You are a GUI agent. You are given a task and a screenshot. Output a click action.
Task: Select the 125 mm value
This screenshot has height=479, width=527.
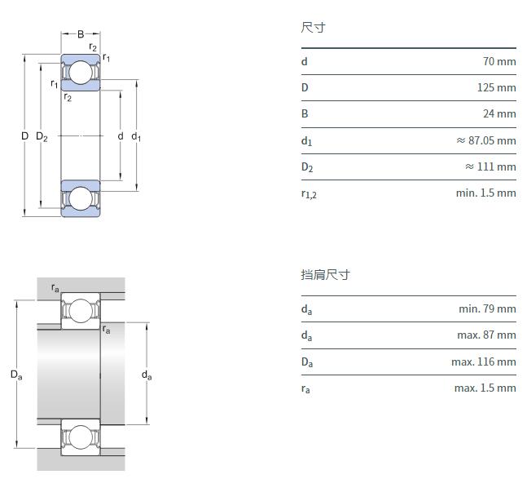496,87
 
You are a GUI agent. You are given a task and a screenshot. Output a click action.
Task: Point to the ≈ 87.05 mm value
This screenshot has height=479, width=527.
485,140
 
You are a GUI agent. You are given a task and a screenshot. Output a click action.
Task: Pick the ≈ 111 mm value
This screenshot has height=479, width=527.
490,166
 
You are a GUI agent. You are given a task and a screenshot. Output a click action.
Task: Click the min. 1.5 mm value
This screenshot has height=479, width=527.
485,193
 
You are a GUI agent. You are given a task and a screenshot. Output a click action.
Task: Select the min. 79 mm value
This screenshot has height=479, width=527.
487,308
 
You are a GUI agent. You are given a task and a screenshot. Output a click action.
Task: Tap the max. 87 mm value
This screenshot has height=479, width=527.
486,335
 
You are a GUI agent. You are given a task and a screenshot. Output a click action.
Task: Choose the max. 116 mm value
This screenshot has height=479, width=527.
484,361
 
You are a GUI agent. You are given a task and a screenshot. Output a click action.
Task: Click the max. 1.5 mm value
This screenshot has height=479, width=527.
485,388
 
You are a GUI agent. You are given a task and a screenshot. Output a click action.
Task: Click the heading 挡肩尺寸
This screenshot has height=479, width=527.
325,275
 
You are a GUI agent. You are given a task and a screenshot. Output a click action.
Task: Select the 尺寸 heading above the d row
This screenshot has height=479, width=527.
313,28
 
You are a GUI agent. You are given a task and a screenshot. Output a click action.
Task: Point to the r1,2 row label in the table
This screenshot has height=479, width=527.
309,194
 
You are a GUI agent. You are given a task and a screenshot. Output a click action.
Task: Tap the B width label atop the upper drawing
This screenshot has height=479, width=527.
81,34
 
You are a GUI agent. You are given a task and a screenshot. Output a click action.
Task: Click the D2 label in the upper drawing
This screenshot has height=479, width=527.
42,137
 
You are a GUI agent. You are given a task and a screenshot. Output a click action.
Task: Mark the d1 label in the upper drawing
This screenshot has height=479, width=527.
136,137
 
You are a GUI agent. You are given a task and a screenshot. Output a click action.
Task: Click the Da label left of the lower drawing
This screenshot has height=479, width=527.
16,375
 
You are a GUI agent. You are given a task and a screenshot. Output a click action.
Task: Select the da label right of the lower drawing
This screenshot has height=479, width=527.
147,375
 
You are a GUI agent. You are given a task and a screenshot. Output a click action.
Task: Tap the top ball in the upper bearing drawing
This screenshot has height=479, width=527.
81,73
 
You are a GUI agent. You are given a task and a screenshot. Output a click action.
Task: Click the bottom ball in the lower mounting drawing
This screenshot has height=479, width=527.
81,437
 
